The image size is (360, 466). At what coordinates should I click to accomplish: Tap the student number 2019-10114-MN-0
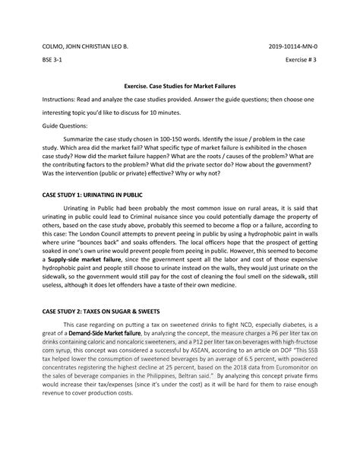[x=297, y=46]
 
